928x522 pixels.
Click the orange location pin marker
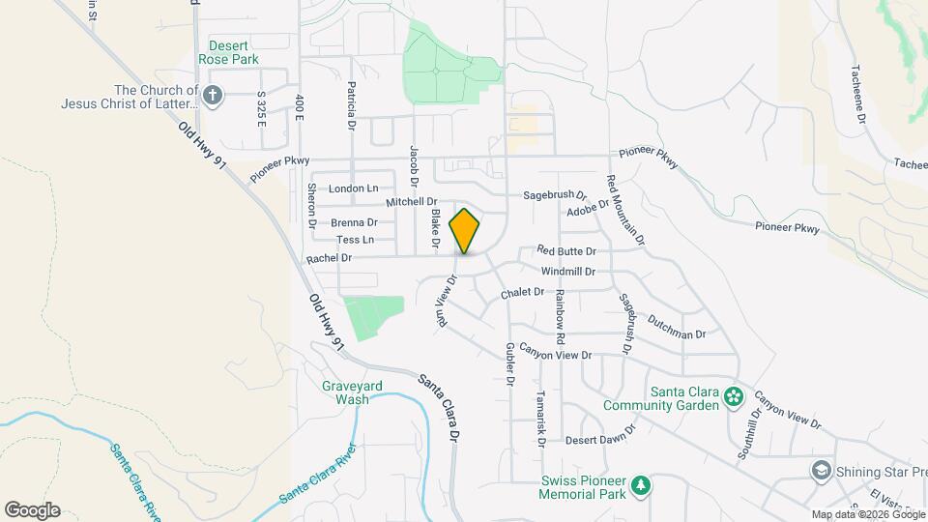tap(465, 231)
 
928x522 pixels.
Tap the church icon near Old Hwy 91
tap(214, 94)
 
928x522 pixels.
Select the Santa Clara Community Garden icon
tap(734, 394)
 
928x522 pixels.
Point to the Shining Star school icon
tap(821, 471)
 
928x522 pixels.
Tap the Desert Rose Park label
tap(229, 52)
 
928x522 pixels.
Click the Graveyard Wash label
tap(352, 392)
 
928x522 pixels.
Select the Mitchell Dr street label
tap(413, 202)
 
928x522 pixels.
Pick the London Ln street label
tap(353, 188)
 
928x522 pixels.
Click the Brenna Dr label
tap(353, 222)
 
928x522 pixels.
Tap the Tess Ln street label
tap(355, 240)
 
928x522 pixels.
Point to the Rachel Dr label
tap(329, 259)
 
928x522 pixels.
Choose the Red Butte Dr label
tap(566, 251)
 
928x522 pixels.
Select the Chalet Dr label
tap(523, 292)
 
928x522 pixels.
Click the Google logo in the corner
tap(31, 510)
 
